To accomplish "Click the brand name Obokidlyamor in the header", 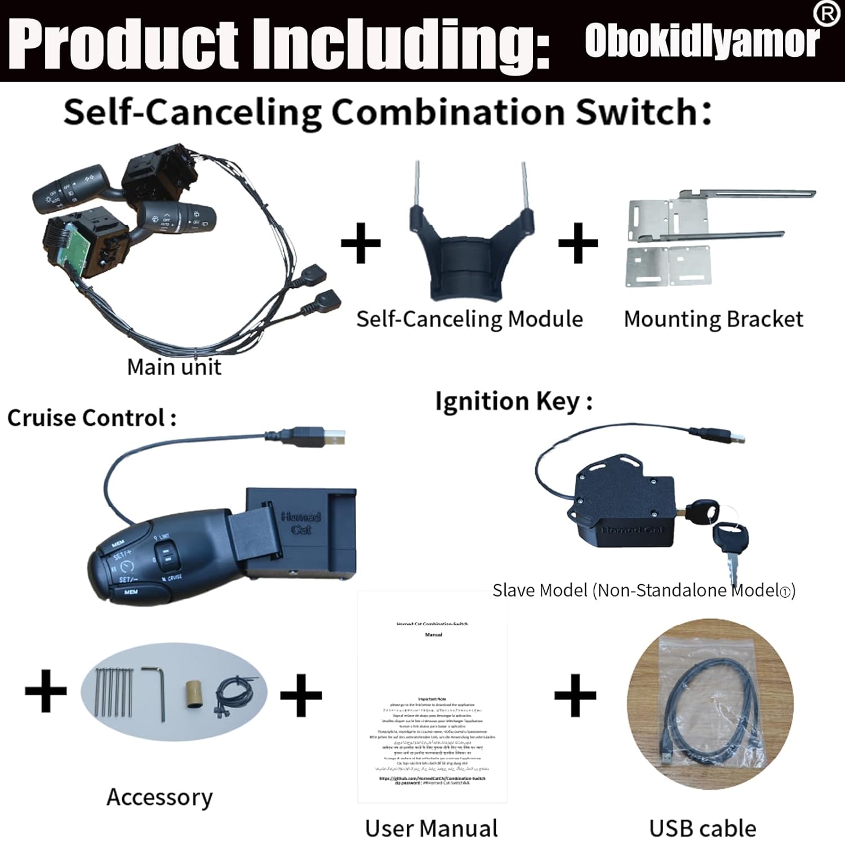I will tap(702, 41).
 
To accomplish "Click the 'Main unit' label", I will tap(174, 367).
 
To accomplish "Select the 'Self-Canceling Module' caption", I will tap(469, 319).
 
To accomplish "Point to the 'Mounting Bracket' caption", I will tap(713, 319).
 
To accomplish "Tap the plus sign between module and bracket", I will tap(577, 243).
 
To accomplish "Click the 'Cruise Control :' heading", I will tap(91, 418).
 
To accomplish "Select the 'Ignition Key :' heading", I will tap(513, 402).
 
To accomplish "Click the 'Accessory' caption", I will tap(159, 797).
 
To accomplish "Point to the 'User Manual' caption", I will tap(432, 828).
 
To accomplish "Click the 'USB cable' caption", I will tap(702, 828).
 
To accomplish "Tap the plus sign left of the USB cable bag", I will tap(575, 695).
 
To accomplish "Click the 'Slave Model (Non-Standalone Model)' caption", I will tap(644, 590).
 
